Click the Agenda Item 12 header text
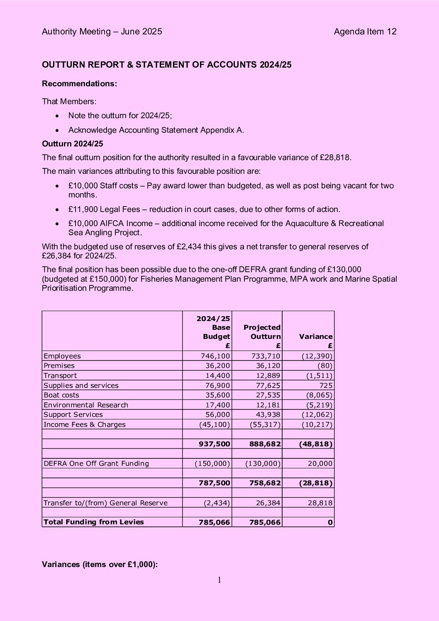coord(365,32)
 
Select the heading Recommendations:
coord(79,83)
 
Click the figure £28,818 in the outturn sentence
coord(335,157)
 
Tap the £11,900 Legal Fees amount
coord(104,209)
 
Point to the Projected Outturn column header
coord(262,332)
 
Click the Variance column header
coord(316,336)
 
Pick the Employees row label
coord(62,356)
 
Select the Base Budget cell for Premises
coord(217,365)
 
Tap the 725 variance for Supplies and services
coord(326,385)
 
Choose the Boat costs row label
coord(61,395)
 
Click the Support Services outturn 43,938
coord(268,414)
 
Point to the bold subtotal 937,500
coord(214,444)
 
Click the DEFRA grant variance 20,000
coord(320,463)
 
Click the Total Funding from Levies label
coord(94,522)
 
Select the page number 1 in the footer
coord(219,580)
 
